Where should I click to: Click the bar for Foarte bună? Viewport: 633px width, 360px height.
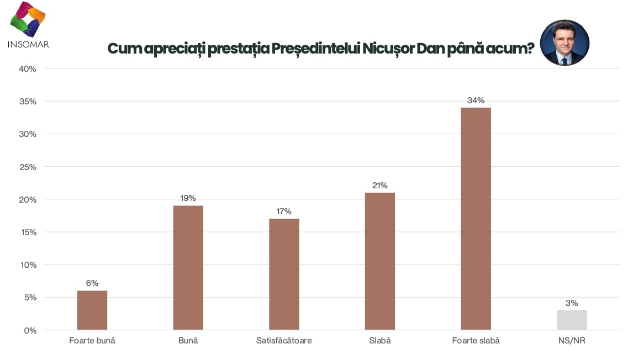[92, 310]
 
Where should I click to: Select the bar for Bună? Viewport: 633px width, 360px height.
[188, 268]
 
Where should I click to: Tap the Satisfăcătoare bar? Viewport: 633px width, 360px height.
[284, 274]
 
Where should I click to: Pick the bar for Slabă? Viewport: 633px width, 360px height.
[380, 261]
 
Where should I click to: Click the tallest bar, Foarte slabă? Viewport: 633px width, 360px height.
[476, 219]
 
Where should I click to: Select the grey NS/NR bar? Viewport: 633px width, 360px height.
[572, 320]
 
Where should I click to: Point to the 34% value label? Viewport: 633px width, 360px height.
[476, 100]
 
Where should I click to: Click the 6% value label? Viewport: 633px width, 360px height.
[92, 283]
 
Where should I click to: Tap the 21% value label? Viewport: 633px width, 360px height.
[380, 186]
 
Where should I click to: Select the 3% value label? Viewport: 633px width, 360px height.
[572, 303]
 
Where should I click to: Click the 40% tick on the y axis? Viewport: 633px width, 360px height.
[28, 69]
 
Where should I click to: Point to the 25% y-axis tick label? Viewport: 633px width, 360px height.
[28, 167]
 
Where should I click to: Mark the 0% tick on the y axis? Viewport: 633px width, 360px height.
[30, 330]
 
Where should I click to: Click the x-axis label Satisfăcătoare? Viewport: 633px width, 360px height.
[284, 341]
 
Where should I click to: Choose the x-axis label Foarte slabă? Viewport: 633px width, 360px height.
[476, 341]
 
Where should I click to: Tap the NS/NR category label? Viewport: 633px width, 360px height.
[572, 341]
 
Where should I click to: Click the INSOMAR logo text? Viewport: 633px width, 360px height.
[29, 44]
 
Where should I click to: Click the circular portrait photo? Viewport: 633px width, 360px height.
[564, 43]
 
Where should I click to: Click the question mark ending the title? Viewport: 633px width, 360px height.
[529, 49]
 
